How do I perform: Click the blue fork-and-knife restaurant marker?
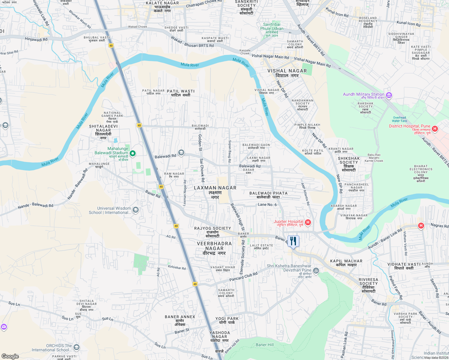pyautogui.click(x=293, y=241)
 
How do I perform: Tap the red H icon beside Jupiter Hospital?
pyautogui.click(x=308, y=222)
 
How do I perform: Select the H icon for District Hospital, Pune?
pyautogui.click(x=435, y=129)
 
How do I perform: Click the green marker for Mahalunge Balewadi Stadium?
pyautogui.click(x=132, y=153)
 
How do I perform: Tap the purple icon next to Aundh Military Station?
pyautogui.click(x=389, y=95)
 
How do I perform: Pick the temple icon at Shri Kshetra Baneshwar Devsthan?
pyautogui.click(x=316, y=271)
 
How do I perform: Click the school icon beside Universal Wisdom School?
pyautogui.click(x=136, y=210)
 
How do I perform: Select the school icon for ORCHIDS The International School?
pyautogui.click(x=77, y=347)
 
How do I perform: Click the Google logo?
pyautogui.click(x=10, y=356)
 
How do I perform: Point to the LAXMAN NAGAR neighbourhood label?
pyautogui.click(x=215, y=188)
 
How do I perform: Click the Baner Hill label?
pyautogui.click(x=264, y=345)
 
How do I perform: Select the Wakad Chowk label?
pyautogui.click(x=137, y=27)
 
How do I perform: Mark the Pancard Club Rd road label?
pyautogui.click(x=243, y=277)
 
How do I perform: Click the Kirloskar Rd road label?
pyautogui.click(x=177, y=267)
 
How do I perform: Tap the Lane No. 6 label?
pyautogui.click(x=267, y=204)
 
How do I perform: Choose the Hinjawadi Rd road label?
pyautogui.click(x=36, y=39)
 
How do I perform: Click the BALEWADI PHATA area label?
pyautogui.click(x=268, y=193)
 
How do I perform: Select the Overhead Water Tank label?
pyautogui.click(x=399, y=119)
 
